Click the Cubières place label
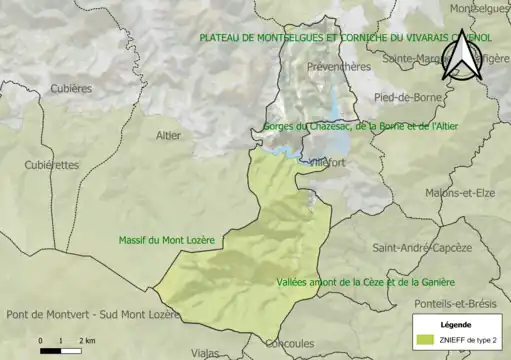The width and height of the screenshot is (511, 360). tap(71, 88)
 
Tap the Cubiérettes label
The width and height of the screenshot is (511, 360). tap(51, 165)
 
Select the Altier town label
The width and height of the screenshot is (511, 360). tap(170, 135)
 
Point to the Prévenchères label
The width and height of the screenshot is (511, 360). tap(339, 67)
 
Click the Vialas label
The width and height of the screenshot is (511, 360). tap(205, 352)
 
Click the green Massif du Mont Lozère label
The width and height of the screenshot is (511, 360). tap(167, 240)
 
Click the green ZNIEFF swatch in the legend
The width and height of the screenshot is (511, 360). tap(425, 340)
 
